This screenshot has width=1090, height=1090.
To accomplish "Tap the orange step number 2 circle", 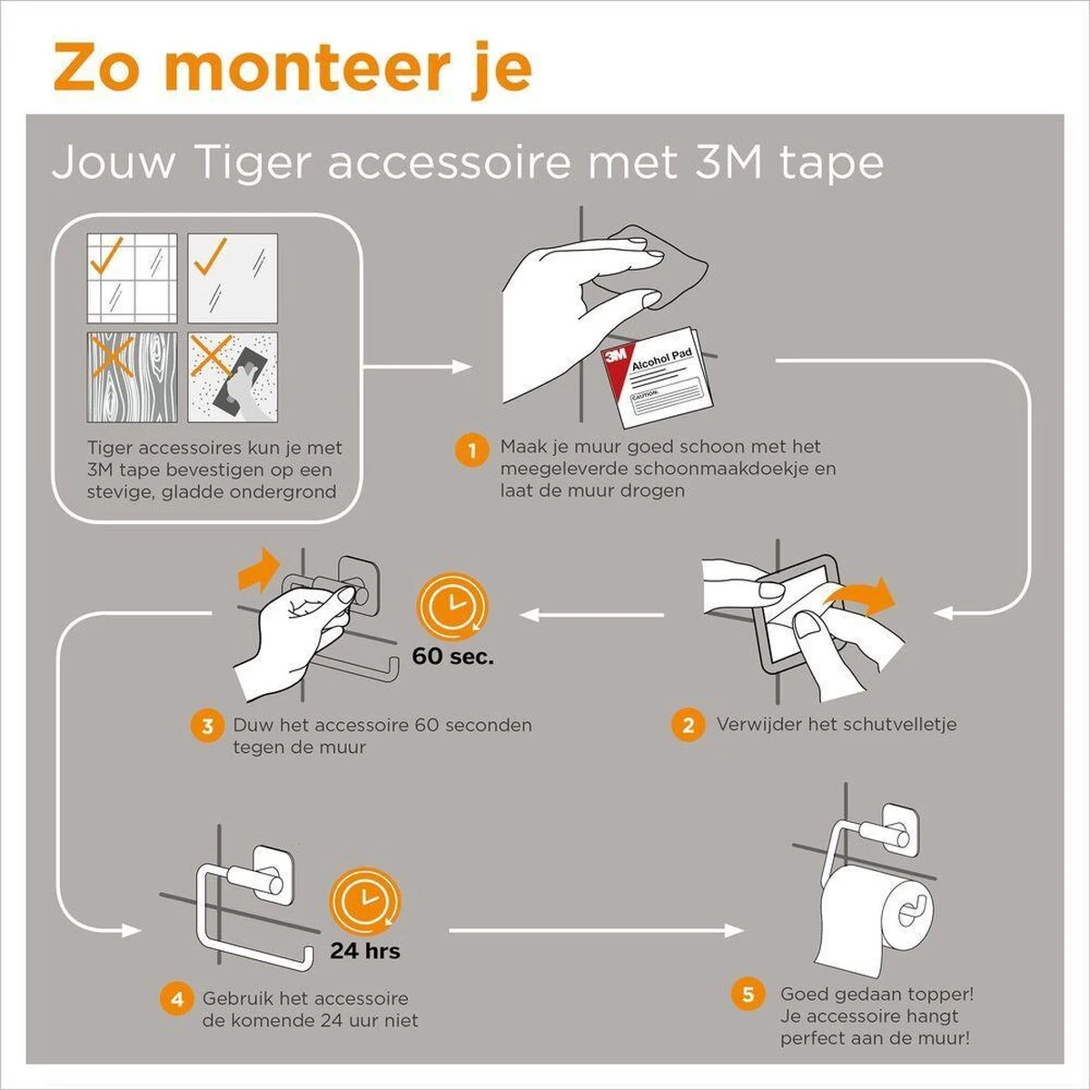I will tap(688, 726).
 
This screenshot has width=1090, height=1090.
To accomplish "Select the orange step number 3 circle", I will tap(207, 727).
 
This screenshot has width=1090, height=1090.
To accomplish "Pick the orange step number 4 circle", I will tap(177, 999).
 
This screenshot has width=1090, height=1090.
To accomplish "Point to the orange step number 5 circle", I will tap(748, 995).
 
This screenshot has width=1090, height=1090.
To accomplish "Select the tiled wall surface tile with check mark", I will tap(132, 278).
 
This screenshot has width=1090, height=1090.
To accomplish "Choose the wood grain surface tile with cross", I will tap(132, 376).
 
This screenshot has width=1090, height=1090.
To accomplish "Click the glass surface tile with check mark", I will tap(233, 278).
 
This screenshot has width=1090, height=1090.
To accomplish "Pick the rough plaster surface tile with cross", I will tap(233, 376).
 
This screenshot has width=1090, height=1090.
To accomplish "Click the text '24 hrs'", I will tap(365, 951).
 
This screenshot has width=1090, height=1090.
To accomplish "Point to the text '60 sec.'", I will tap(453, 656).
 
